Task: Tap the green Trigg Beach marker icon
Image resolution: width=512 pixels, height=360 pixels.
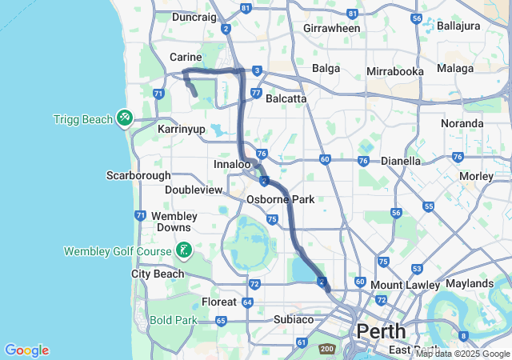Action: (x=124, y=118)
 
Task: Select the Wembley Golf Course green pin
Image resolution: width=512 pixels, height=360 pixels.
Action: (x=184, y=250)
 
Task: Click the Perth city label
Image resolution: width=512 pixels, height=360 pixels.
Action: (x=381, y=330)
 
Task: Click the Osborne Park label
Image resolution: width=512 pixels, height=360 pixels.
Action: (x=280, y=199)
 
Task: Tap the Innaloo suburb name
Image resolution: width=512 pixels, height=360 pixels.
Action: (x=233, y=164)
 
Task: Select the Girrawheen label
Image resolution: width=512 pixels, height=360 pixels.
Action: (x=332, y=28)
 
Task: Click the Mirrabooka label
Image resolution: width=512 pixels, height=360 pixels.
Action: (x=395, y=71)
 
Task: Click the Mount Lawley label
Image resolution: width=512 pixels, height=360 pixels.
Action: (x=405, y=285)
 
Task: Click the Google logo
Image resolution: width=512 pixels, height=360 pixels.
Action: (x=26, y=350)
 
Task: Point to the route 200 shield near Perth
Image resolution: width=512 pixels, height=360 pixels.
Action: (x=326, y=350)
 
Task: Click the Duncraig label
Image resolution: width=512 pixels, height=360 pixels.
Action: (x=194, y=17)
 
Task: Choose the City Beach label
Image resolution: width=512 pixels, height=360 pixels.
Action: (x=158, y=274)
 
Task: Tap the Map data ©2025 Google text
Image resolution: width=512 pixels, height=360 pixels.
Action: (x=462, y=354)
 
